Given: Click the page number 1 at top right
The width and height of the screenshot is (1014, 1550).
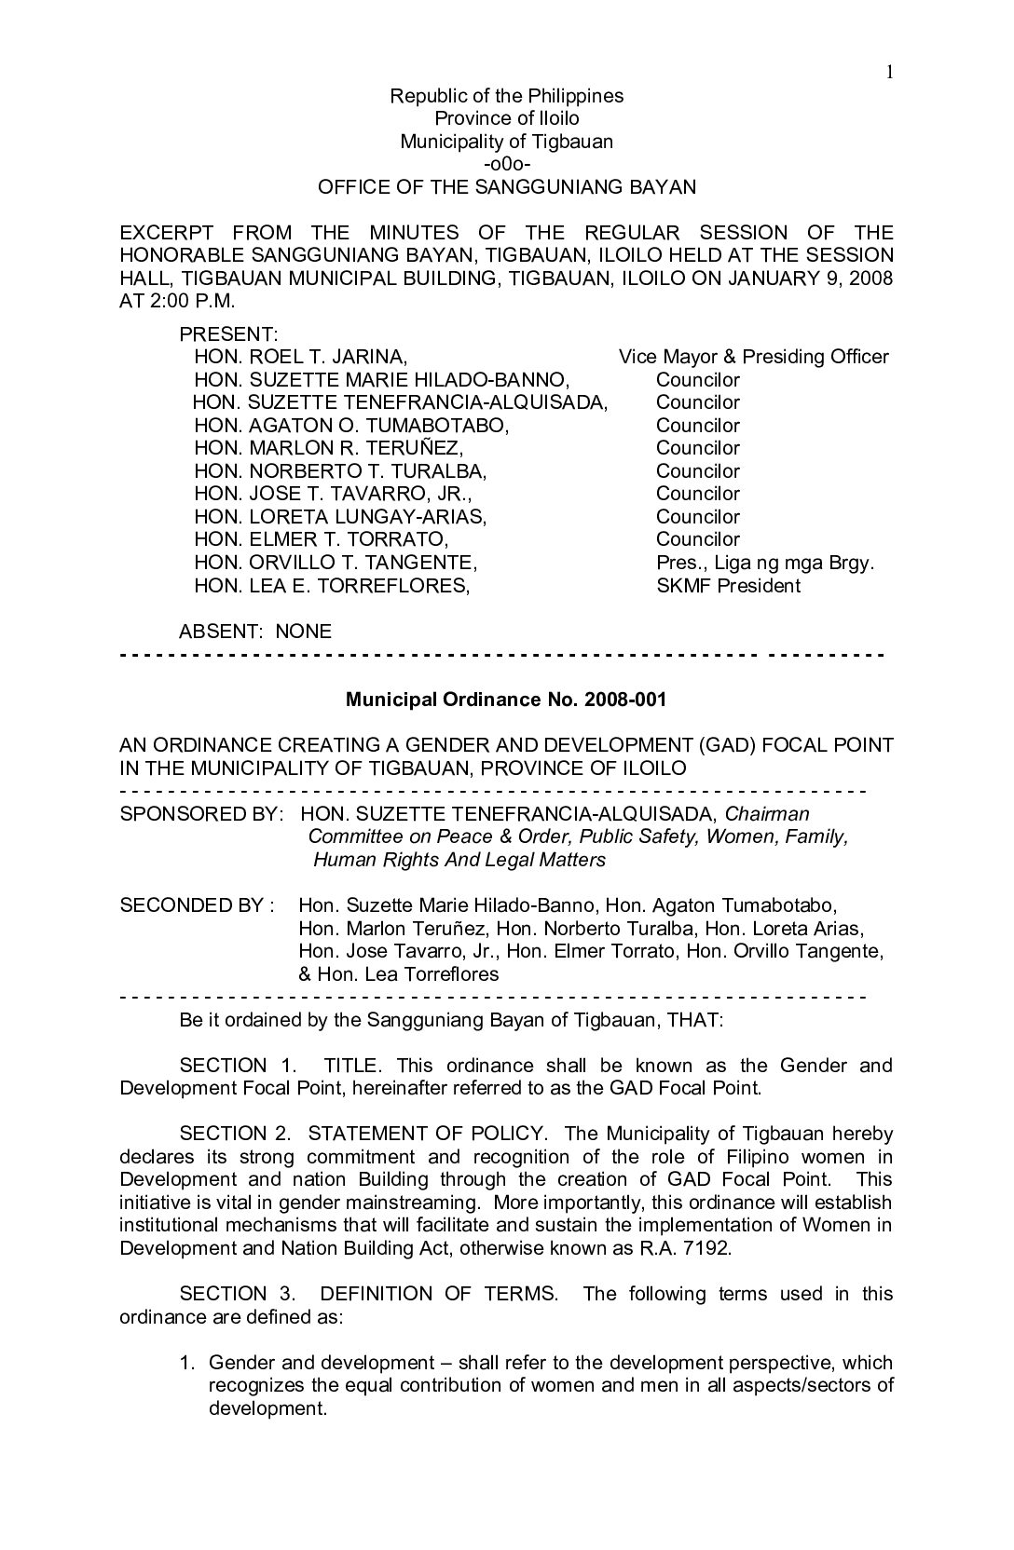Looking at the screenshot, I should [x=890, y=73].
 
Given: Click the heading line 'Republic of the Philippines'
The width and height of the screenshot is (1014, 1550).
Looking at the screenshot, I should [x=506, y=96].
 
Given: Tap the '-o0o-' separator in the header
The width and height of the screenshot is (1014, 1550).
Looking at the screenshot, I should [x=506, y=164].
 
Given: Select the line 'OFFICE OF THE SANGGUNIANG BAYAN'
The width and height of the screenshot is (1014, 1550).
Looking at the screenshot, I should [x=506, y=187].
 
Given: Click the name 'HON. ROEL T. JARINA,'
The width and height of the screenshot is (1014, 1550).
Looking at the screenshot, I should [x=300, y=357].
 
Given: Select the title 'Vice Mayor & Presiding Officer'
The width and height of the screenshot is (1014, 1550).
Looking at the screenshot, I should [x=753, y=357].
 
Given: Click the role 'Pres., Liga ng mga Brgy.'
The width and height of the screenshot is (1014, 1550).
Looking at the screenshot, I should [x=765, y=563].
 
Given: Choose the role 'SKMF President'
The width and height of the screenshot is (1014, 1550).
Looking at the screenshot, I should [x=728, y=586].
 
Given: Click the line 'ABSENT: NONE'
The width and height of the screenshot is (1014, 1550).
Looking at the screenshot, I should [x=254, y=632].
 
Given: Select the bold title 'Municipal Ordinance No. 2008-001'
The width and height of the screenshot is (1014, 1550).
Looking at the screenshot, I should [x=506, y=700].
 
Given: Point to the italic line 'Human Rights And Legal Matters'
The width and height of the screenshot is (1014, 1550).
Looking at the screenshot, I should [x=459, y=860].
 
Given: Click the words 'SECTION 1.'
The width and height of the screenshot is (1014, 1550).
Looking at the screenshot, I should [x=224, y=1066].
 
